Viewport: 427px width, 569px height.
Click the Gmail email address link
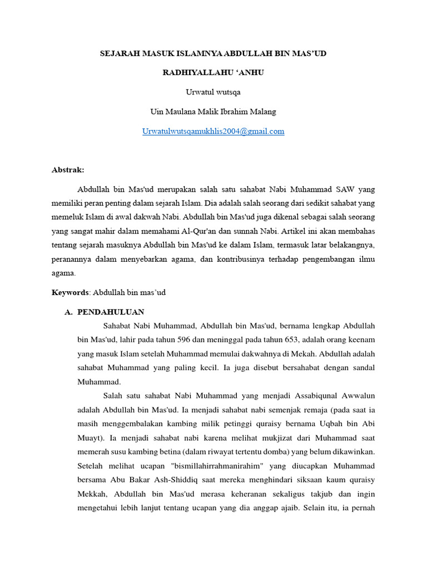tap(213, 132)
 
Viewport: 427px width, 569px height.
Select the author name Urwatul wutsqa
tap(213, 92)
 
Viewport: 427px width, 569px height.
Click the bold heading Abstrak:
tap(68, 170)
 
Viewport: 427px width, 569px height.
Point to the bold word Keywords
tap(70, 292)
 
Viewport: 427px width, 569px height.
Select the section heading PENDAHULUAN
tap(111, 312)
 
